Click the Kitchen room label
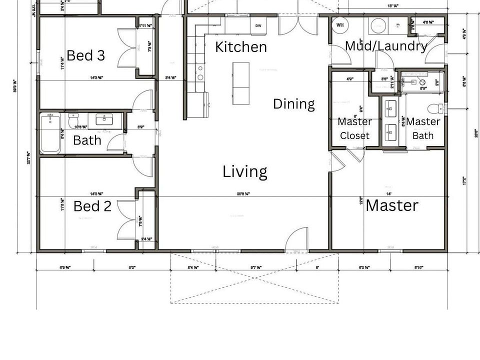pos(241,47)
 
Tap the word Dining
pos(294,104)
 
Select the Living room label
pos(244,172)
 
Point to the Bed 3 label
pos(85,55)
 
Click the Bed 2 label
pos(92,206)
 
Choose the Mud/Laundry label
pos(386,46)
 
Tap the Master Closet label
pos(354,128)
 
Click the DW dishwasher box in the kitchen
pos(258,26)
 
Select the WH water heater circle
pos(340,25)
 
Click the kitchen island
pos(240,83)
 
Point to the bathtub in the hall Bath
pos(50,133)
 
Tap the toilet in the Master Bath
pos(439,107)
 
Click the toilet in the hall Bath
pos(73,121)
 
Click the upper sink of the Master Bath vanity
pos(390,107)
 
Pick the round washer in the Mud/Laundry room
pos(376,26)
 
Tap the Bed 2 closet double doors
pos(127,221)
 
